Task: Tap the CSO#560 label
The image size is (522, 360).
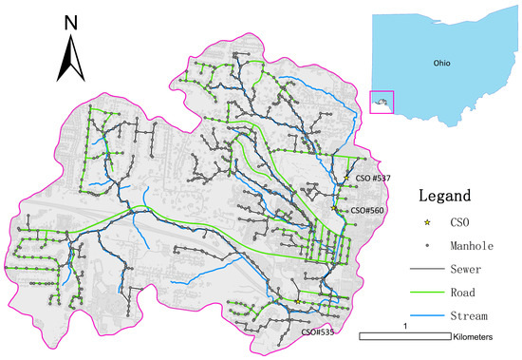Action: [364, 209]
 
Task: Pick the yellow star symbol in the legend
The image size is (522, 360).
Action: [428, 223]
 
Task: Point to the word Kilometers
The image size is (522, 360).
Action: [480, 337]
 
